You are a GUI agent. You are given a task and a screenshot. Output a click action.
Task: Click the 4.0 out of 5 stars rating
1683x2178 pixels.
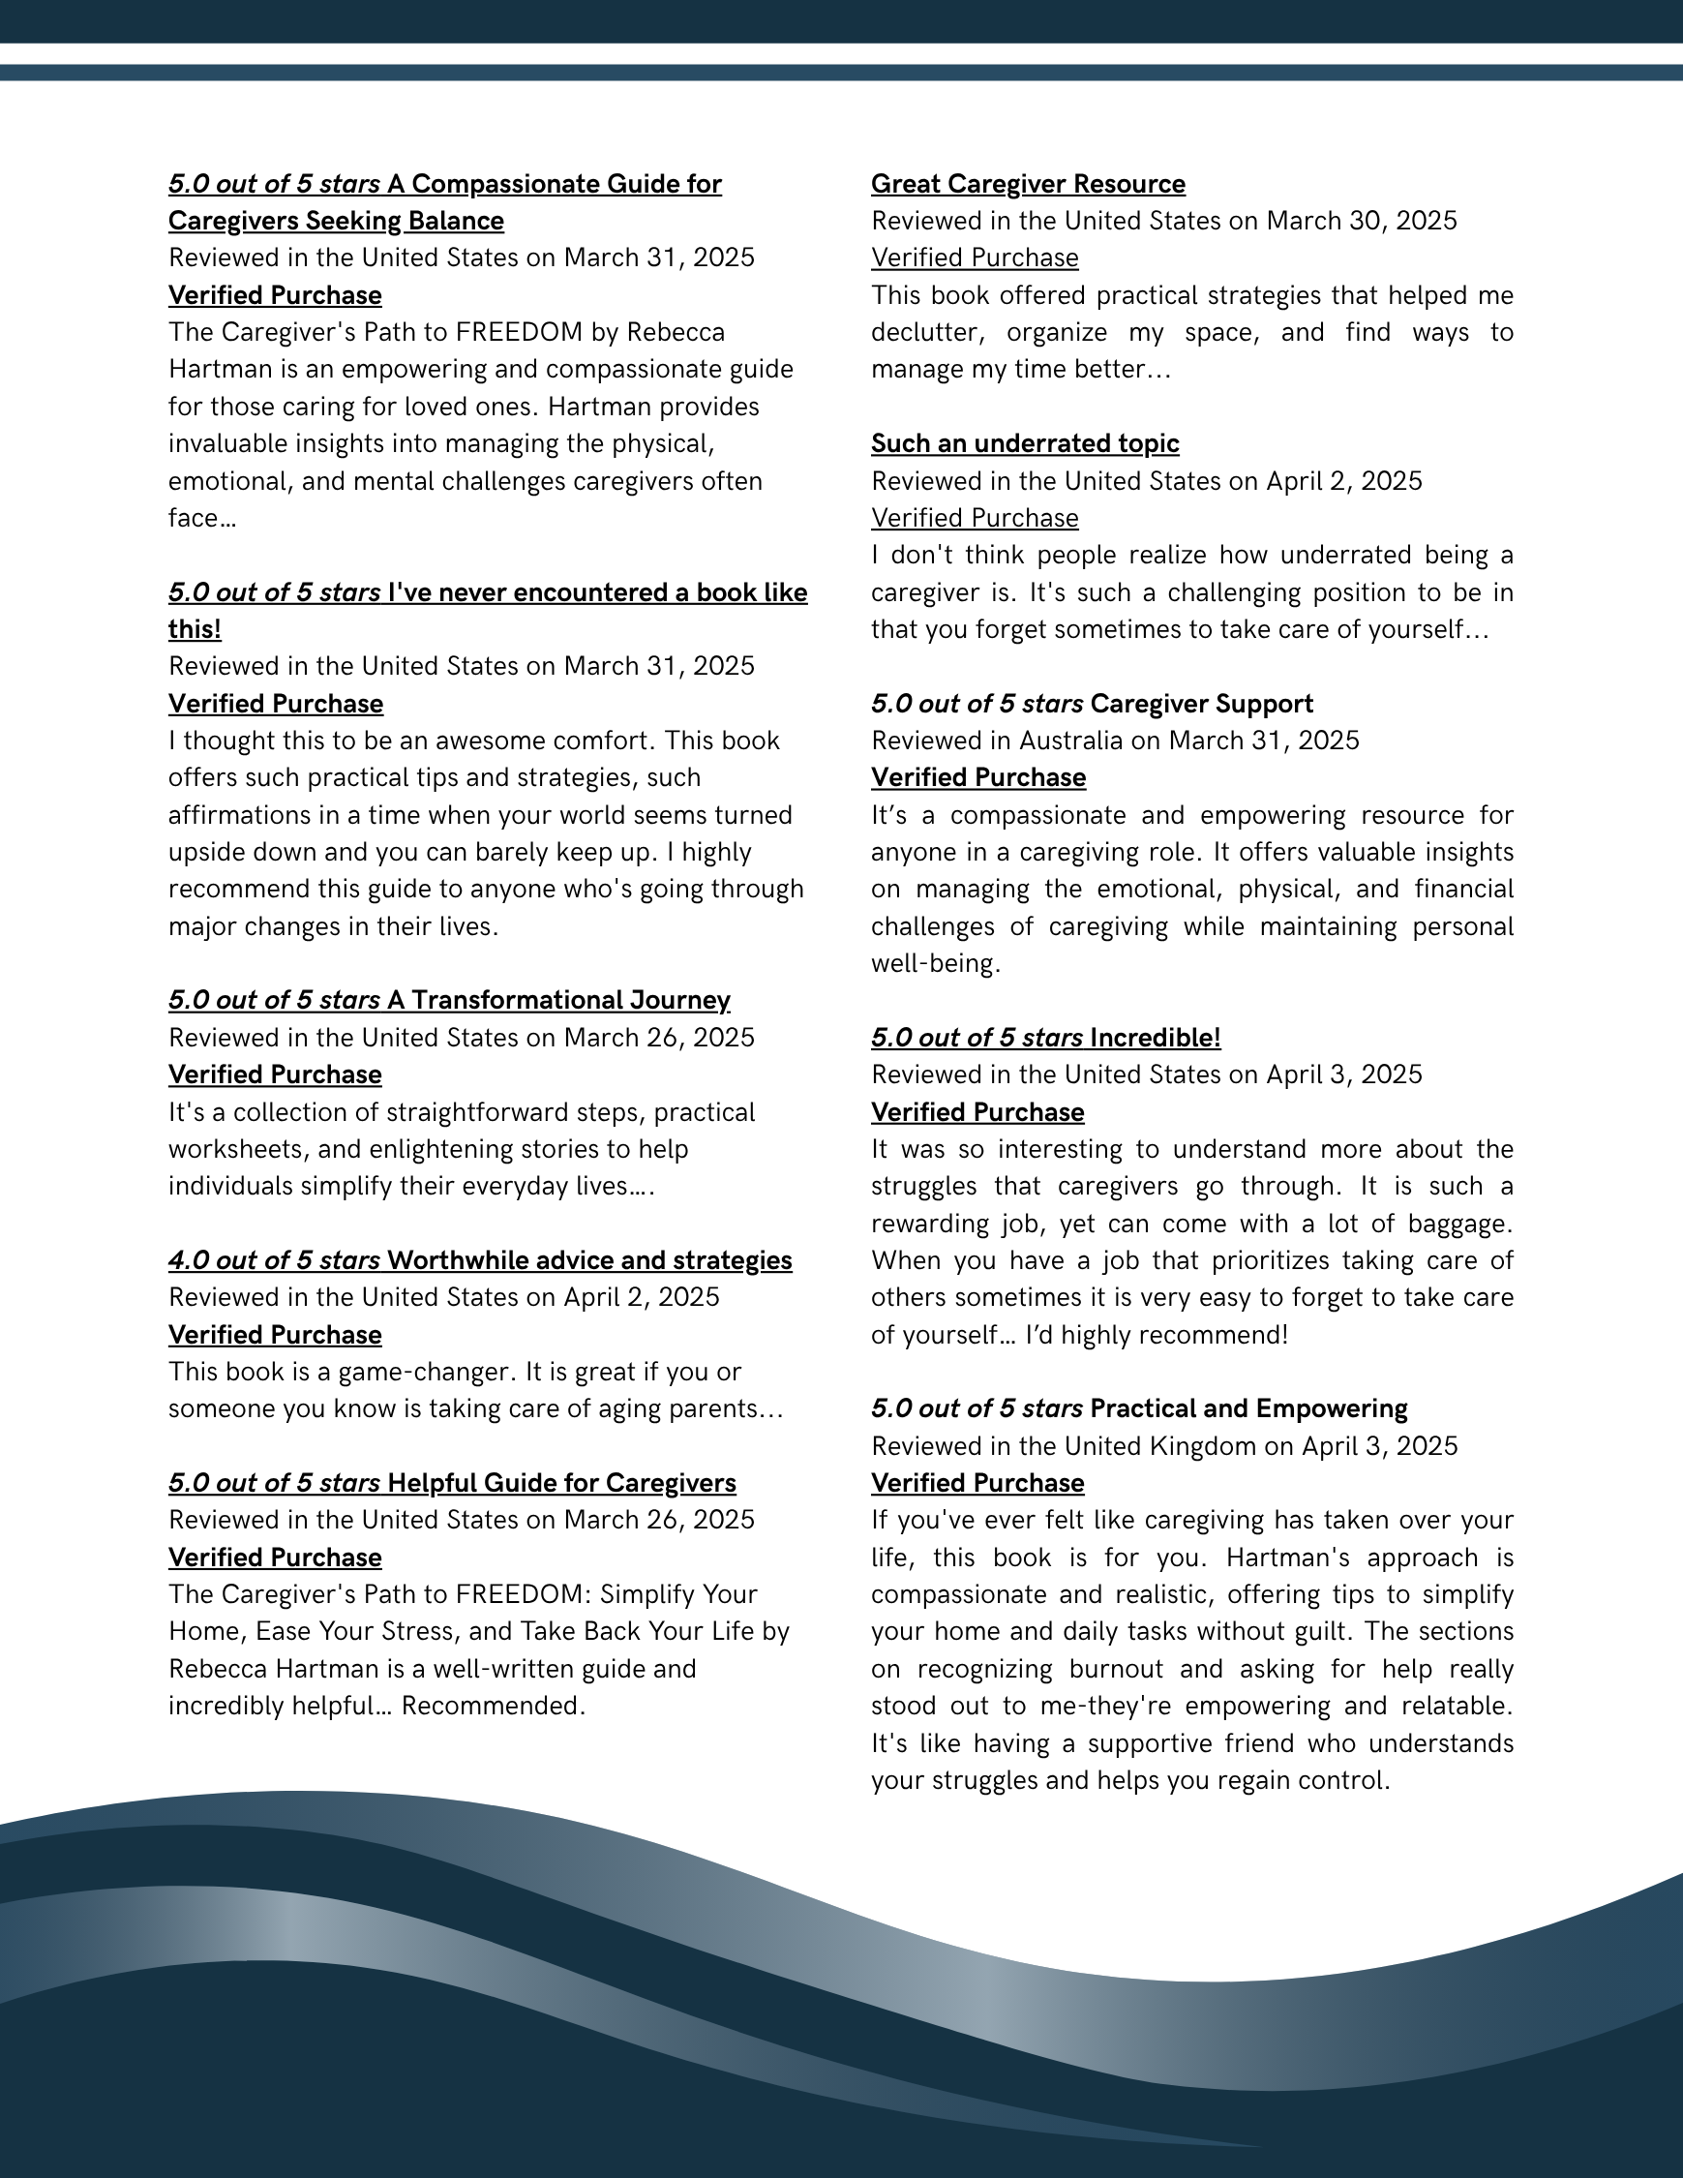point(274,1260)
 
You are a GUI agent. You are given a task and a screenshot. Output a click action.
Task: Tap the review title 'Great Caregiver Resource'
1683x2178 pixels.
point(1028,185)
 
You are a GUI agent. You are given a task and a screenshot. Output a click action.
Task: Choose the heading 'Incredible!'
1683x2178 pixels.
point(1155,1038)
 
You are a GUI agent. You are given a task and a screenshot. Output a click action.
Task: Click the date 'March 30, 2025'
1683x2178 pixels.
point(1361,221)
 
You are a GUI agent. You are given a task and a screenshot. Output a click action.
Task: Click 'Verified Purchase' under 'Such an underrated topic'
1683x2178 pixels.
point(975,519)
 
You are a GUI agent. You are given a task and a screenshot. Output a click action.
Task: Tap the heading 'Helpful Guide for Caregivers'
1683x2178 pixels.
point(561,1483)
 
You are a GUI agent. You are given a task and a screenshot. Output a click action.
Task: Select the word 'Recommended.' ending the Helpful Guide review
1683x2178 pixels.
point(493,1707)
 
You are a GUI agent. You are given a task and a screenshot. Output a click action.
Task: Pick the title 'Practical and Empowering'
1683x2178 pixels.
point(1248,1409)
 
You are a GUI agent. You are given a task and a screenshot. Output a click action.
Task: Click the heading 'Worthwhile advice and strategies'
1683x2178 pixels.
point(589,1260)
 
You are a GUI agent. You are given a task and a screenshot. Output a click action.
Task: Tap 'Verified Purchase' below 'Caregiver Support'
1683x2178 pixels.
point(978,778)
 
